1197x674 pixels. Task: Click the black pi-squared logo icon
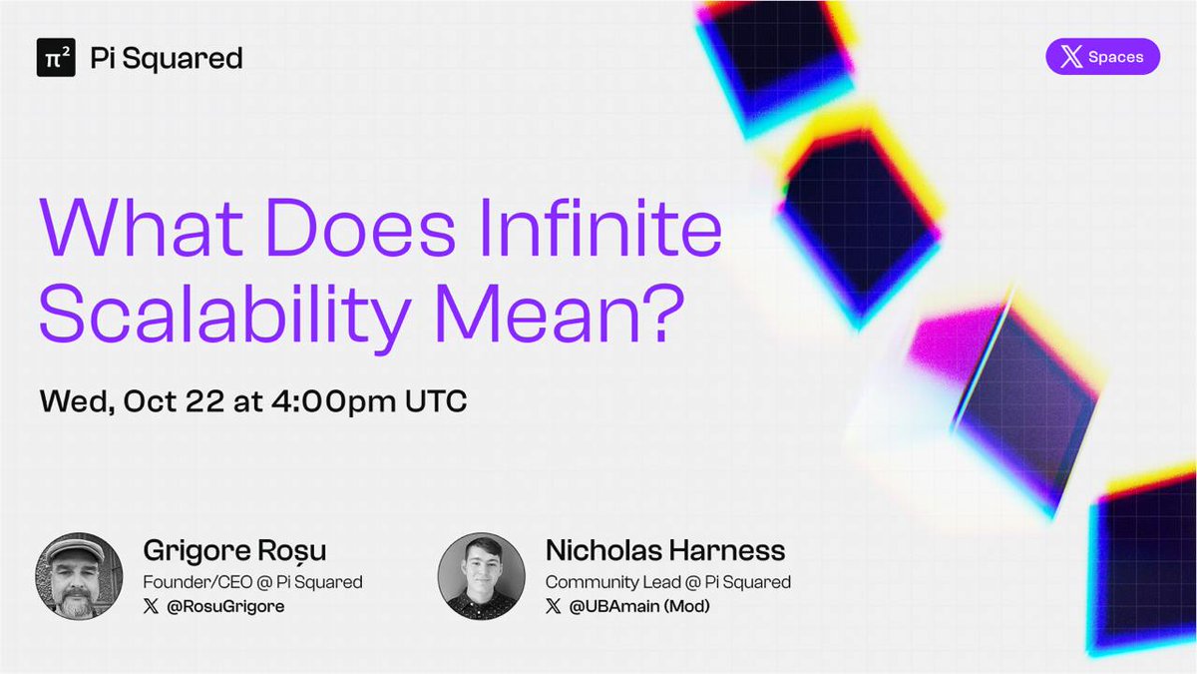coord(56,57)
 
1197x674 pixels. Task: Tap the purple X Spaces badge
coord(1103,56)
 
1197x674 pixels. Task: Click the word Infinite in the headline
coord(600,228)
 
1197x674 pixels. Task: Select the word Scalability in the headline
coord(225,316)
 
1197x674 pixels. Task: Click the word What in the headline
coord(142,228)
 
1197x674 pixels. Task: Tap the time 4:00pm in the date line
coord(333,402)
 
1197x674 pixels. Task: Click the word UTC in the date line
coord(436,401)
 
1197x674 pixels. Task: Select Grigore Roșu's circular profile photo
coord(79,576)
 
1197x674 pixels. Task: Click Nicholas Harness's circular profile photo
coord(482,576)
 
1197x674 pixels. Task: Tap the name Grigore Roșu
coord(234,550)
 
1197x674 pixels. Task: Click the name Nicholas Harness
coord(665,550)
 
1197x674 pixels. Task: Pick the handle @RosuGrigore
coord(225,607)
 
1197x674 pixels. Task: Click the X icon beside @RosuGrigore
coord(152,607)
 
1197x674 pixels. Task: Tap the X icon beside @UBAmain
coord(554,607)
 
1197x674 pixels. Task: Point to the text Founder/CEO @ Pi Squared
coord(252,582)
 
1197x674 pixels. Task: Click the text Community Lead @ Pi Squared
coord(668,582)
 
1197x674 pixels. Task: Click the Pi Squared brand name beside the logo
coord(167,59)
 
